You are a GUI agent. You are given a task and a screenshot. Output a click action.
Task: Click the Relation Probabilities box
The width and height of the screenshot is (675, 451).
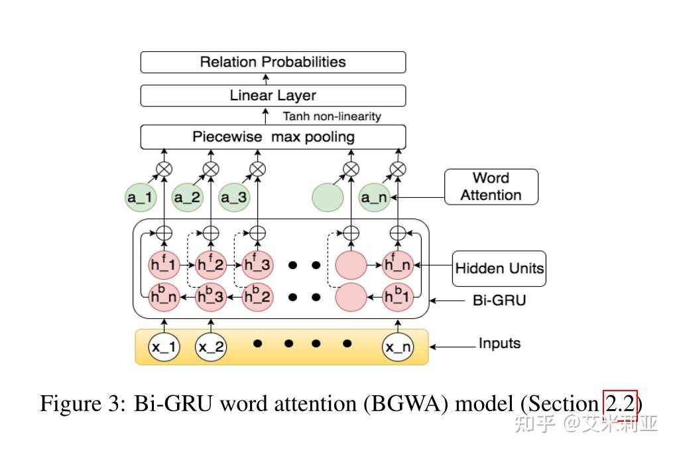click(x=273, y=62)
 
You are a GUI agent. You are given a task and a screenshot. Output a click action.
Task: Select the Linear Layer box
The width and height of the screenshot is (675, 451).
click(x=273, y=96)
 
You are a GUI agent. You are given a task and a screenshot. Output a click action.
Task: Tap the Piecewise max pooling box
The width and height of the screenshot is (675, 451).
click(x=273, y=137)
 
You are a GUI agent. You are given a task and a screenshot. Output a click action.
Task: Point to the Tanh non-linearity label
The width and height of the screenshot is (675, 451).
click(x=332, y=116)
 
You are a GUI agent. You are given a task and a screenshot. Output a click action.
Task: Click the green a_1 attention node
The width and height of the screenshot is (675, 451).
click(x=141, y=197)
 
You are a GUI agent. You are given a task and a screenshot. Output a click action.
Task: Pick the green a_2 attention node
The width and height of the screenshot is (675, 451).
click(x=187, y=197)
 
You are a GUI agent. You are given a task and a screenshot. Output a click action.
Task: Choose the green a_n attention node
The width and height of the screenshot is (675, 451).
click(x=375, y=197)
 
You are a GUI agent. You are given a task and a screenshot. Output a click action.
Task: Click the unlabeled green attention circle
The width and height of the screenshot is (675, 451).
click(x=328, y=197)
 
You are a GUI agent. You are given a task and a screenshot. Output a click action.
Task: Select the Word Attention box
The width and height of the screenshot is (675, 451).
click(x=491, y=187)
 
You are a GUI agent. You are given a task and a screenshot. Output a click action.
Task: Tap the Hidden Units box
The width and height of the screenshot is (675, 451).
click(x=499, y=268)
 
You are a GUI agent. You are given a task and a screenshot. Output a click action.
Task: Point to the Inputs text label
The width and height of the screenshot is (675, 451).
click(x=499, y=343)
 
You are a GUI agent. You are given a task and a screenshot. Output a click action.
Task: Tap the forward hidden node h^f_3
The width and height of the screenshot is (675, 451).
click(x=257, y=265)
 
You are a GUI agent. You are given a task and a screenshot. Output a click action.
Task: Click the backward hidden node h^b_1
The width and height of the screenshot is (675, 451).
click(x=398, y=296)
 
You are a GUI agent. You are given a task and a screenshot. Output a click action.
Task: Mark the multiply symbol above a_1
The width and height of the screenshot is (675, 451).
click(x=164, y=169)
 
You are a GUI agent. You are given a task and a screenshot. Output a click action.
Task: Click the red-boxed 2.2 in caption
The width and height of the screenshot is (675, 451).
click(x=620, y=405)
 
